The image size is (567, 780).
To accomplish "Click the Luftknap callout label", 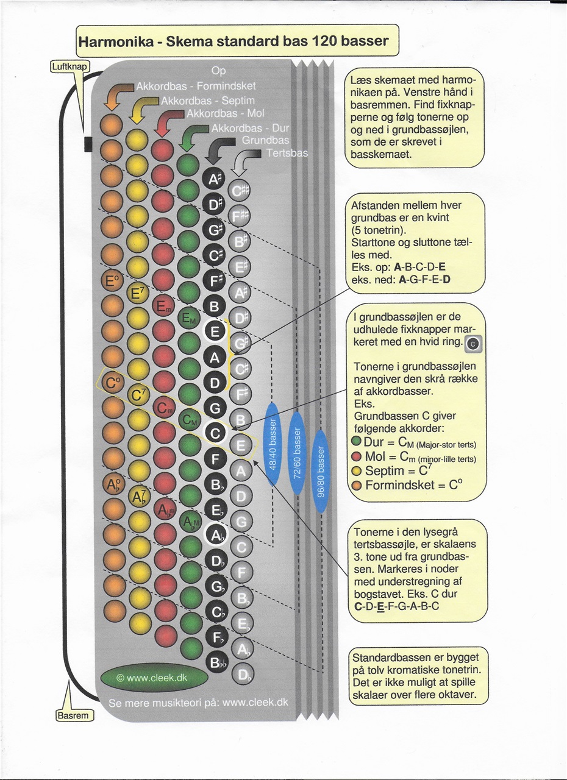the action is point(70,66).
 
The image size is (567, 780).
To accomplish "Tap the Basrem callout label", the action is point(75,715).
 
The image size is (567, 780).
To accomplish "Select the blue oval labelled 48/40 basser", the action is point(273,444).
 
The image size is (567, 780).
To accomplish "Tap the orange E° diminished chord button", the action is point(112,280).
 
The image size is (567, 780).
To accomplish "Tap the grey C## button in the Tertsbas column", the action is point(239,191).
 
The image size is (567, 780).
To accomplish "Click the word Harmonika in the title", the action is point(116,41).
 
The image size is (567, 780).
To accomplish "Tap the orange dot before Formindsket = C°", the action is point(357,485).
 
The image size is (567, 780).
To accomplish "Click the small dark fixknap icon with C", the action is point(473,344).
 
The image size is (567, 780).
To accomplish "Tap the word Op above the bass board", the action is point(218,71).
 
